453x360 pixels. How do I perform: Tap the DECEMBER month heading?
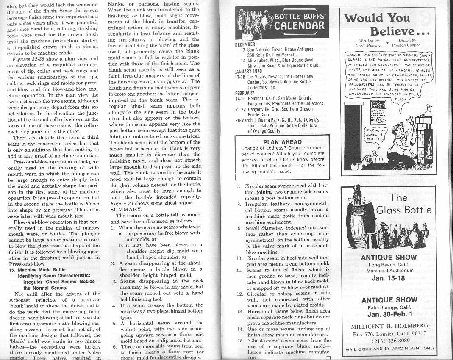pos(245,44)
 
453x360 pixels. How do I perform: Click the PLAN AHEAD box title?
pos(282,142)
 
